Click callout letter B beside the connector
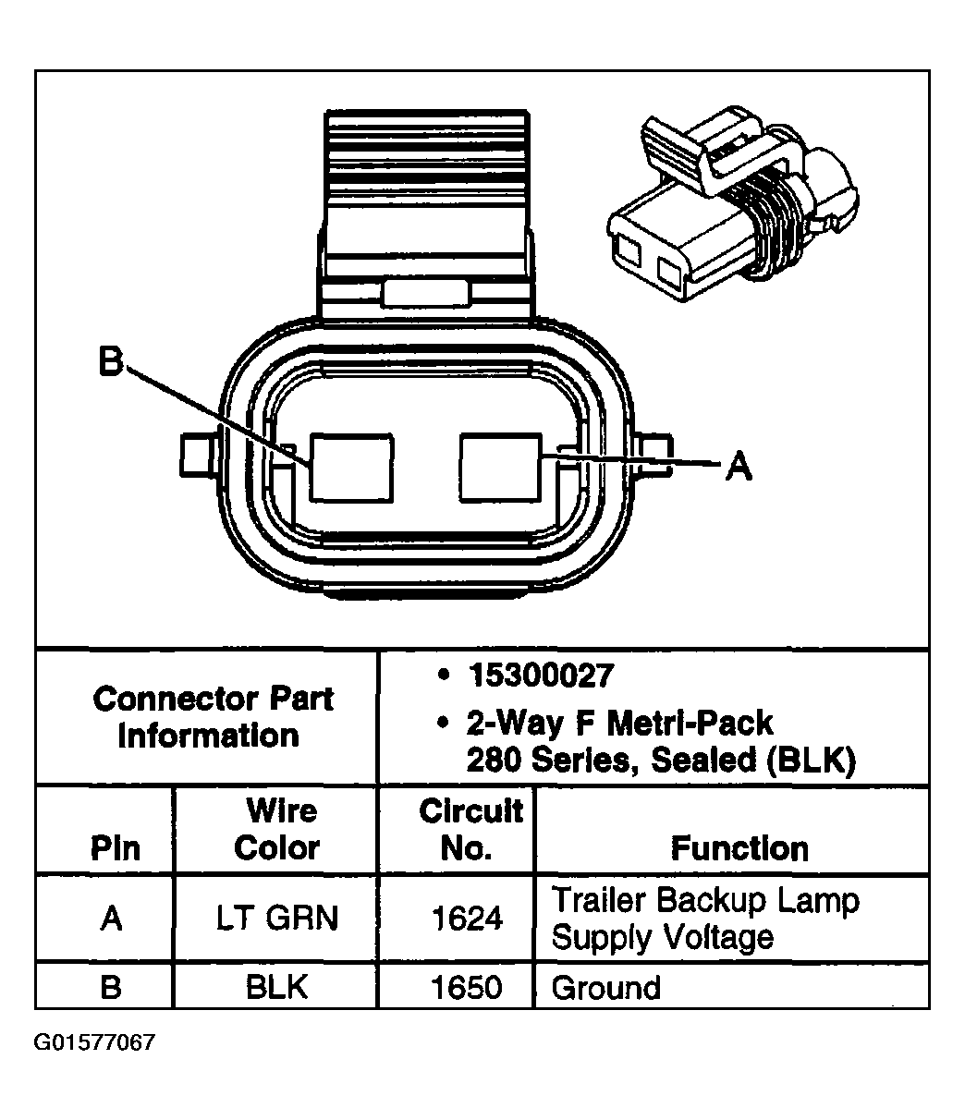coord(111,363)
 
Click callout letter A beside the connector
coord(738,466)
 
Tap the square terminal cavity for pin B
coord(350,467)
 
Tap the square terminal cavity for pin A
coord(499,467)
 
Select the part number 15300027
coord(540,676)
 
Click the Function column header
coord(739,847)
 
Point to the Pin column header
coord(116,848)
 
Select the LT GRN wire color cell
coord(277,919)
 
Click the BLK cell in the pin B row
coord(276,987)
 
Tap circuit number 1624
coord(467,919)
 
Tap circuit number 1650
coord(467,987)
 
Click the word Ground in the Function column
coord(605,987)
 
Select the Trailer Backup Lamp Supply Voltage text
coord(704,919)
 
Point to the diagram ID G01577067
coord(94,1043)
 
